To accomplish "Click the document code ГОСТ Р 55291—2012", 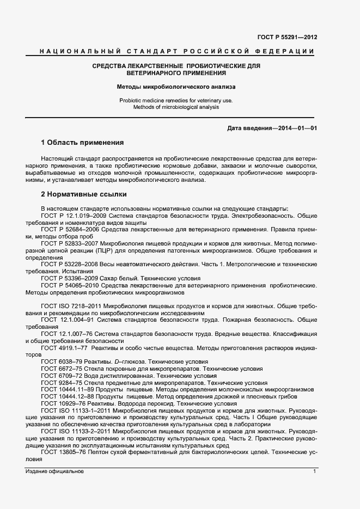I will click(287, 38).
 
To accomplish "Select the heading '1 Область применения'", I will click(82, 143).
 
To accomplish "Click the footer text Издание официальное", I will click(54, 471).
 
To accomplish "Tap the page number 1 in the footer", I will click(314, 471).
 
